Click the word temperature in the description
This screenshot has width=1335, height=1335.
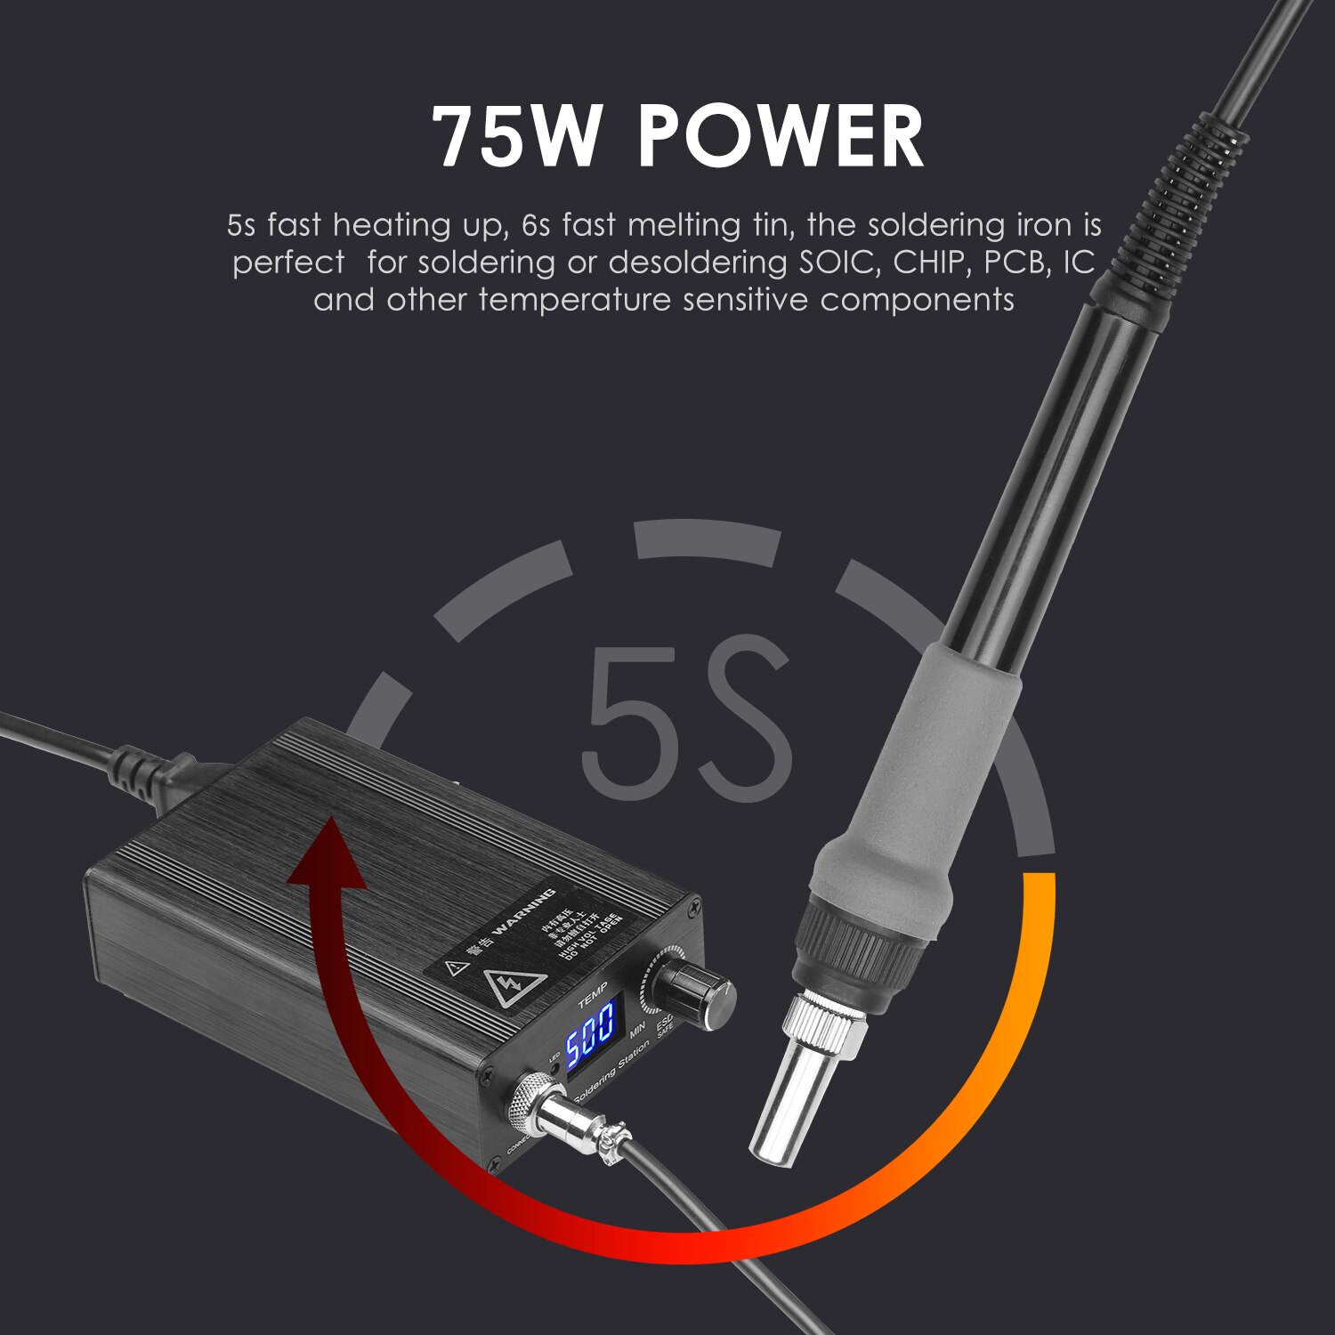pyautogui.click(x=574, y=300)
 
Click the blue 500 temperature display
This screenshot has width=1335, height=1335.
pyautogui.click(x=589, y=1031)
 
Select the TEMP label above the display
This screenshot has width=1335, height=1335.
pyautogui.click(x=593, y=995)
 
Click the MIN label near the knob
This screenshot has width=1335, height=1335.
pyautogui.click(x=637, y=1032)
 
